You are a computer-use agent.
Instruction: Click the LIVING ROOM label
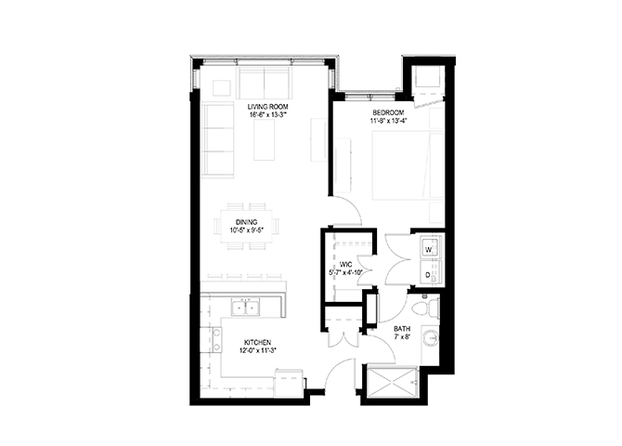coord(267,107)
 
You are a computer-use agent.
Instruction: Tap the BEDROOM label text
coord(388,112)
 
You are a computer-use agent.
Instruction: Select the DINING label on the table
coord(246,222)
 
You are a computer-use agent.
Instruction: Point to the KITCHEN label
coord(257,343)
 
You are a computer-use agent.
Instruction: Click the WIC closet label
coord(346,265)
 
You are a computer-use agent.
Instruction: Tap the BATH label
coord(402,329)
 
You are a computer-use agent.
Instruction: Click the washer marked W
coord(431,247)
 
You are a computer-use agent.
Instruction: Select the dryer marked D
coord(431,273)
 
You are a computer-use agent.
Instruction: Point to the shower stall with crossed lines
coord(393,382)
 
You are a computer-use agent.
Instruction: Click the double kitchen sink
coord(246,308)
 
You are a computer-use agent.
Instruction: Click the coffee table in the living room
coord(265,140)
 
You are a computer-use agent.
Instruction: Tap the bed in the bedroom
coord(408,165)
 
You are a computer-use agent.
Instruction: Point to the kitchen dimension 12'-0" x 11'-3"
coord(257,350)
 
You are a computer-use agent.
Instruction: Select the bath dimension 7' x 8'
coord(402,337)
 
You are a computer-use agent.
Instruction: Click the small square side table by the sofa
coord(222,87)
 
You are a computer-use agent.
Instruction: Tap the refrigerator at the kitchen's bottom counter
coord(289,383)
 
